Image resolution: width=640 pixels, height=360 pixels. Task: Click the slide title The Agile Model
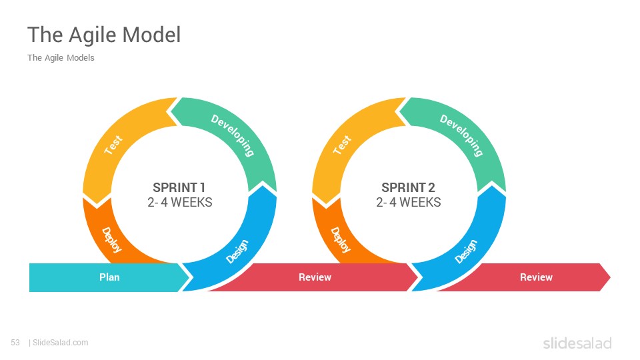(104, 35)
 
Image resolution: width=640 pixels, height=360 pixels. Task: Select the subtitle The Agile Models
(61, 58)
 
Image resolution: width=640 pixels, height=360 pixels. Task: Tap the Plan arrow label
(109, 277)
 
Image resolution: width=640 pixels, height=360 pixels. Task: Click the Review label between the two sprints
(315, 277)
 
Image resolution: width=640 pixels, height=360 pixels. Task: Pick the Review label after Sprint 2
(536, 277)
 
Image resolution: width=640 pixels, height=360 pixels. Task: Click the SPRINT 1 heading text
(179, 187)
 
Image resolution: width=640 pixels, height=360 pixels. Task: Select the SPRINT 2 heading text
(408, 187)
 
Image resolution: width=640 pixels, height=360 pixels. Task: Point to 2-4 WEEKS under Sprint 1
(179, 202)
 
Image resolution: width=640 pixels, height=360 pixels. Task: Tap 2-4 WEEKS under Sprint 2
(409, 202)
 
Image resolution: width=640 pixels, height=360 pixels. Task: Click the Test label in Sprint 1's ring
(113, 145)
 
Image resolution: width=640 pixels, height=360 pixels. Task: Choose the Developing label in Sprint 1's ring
(233, 135)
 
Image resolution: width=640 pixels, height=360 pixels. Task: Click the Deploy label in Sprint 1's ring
(111, 240)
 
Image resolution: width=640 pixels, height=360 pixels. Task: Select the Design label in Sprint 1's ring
(237, 251)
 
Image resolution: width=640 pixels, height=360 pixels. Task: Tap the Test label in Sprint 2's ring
(342, 145)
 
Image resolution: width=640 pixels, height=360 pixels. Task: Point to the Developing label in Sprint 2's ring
(461, 135)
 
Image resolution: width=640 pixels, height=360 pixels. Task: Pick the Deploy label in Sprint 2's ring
(341, 240)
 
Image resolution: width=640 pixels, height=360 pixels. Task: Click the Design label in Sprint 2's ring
(466, 251)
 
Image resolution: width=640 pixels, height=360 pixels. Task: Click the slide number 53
(15, 343)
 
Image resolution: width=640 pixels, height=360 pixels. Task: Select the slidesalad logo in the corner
(577, 343)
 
